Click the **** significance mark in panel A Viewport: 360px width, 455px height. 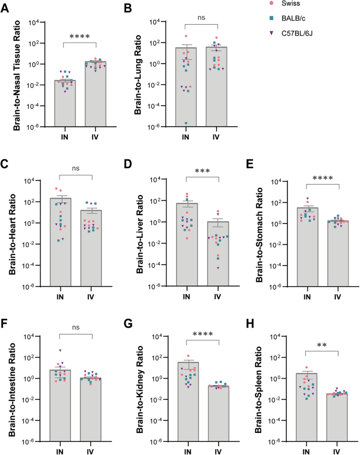point(80,37)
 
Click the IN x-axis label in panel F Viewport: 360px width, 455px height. point(60,451)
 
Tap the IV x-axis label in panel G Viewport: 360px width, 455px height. point(216,451)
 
